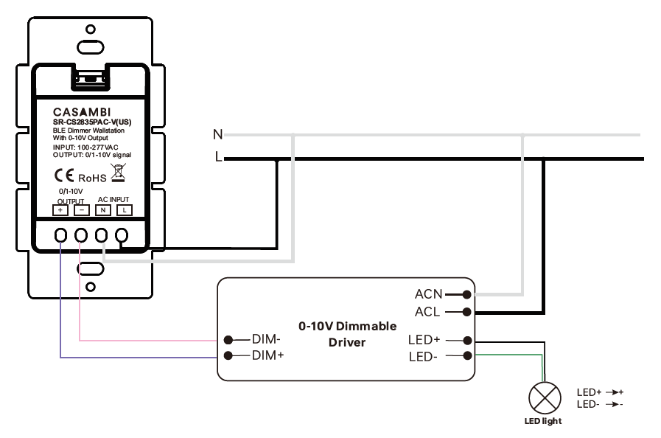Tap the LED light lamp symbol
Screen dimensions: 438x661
point(545,399)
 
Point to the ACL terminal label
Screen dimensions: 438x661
point(427,312)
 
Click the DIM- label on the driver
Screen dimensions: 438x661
point(265,340)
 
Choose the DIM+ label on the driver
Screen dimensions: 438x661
point(266,355)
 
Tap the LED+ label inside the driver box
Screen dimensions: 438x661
point(424,341)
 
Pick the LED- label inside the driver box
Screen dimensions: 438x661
point(424,357)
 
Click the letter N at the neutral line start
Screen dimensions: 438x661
point(217,134)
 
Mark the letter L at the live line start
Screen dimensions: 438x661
point(218,158)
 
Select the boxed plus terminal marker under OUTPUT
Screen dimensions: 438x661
point(60,210)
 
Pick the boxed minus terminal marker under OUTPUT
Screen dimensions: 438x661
point(82,210)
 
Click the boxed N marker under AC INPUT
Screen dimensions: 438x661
point(104,210)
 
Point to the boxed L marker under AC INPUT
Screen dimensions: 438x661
point(125,210)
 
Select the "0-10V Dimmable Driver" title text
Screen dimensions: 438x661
point(347,334)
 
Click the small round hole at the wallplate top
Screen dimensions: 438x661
point(90,29)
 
